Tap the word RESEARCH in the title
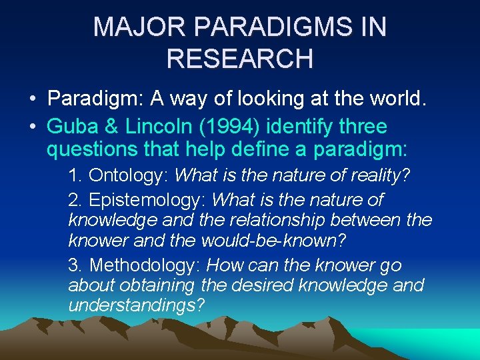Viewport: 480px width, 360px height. [240, 58]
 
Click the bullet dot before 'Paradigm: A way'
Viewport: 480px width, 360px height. [32, 100]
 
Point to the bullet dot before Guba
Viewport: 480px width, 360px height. [32, 126]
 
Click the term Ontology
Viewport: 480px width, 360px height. [128, 175]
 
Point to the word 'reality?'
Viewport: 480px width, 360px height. [379, 175]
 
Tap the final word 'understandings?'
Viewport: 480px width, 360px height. [136, 305]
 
